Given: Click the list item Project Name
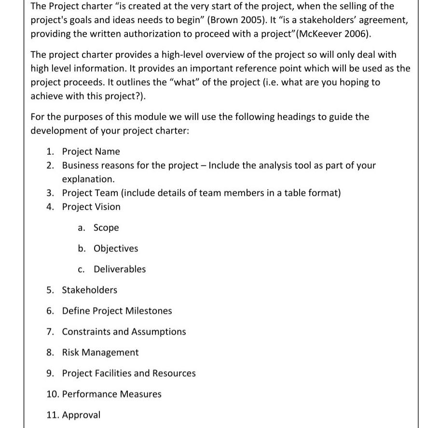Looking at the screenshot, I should [91, 151].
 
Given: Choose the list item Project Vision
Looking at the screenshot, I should [91, 207].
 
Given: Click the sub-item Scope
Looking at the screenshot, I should [106, 227].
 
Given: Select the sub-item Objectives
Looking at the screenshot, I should [115, 248].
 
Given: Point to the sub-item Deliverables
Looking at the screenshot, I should [119, 269].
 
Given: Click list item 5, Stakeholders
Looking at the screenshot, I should [89, 290].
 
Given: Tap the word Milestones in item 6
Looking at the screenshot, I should [148, 311].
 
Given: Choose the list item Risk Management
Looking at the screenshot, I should [100, 352].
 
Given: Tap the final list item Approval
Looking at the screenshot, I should [81, 415].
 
